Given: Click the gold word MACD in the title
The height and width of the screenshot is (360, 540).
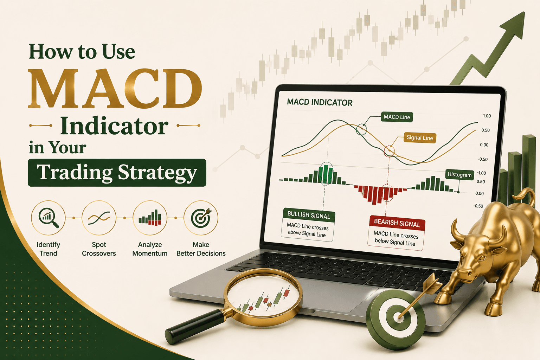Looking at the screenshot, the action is (x=115, y=88).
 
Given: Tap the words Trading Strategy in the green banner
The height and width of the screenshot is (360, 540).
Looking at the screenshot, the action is (x=117, y=172).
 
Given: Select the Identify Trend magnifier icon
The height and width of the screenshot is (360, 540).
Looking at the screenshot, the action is (x=48, y=218).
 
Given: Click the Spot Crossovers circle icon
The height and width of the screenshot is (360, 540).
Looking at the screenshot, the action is (x=99, y=218).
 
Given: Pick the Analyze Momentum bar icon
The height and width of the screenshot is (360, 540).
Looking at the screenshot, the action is (x=150, y=218).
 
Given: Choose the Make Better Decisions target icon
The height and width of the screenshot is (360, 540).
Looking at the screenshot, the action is (x=201, y=218).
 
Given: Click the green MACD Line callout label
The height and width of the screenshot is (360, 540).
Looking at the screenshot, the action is (x=397, y=117).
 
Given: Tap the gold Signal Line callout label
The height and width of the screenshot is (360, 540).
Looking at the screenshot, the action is (x=420, y=138).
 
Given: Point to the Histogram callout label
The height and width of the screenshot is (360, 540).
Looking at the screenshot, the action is (x=459, y=175).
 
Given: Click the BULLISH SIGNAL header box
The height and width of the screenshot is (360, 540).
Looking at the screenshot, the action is (x=309, y=215).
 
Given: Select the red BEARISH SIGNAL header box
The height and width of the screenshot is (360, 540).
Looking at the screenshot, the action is (x=397, y=223).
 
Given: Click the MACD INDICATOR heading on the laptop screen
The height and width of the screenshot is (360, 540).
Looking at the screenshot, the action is (x=320, y=102).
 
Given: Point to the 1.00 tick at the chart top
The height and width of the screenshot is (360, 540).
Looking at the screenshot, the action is (x=487, y=116).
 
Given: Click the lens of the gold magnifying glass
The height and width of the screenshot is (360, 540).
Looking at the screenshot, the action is (x=263, y=297).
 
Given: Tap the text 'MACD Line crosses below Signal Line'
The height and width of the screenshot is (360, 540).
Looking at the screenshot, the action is (x=396, y=238).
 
